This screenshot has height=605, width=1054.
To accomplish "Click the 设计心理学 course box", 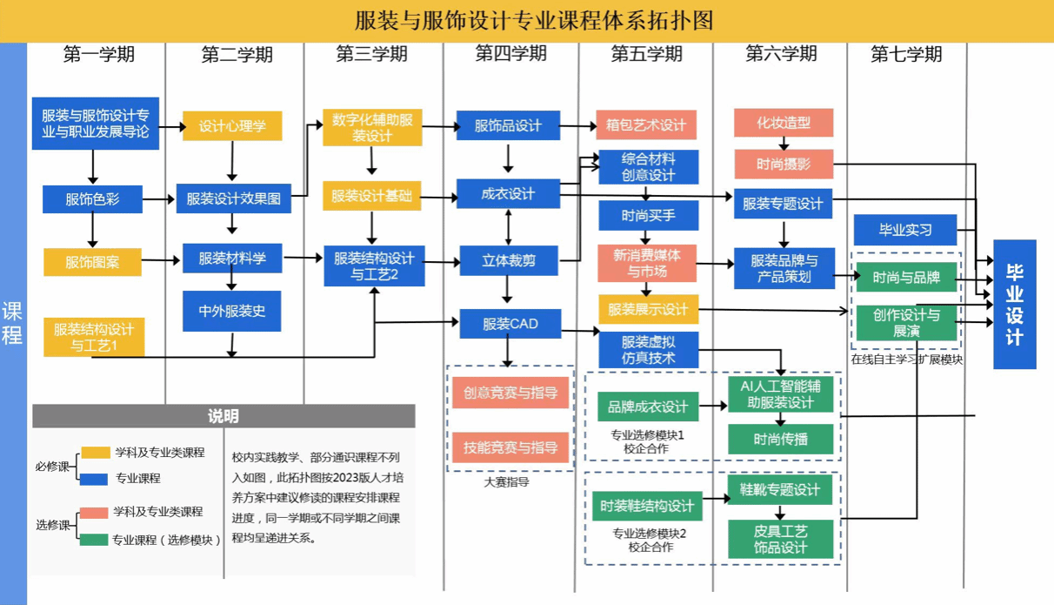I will pyautogui.click(x=232, y=126).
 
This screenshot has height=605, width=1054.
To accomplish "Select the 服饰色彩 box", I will pyautogui.click(x=92, y=199).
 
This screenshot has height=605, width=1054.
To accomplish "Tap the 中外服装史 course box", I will pyautogui.click(x=232, y=311).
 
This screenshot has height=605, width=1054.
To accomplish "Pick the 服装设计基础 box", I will pyautogui.click(x=371, y=196).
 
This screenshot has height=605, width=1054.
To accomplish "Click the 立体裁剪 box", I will pyautogui.click(x=509, y=260).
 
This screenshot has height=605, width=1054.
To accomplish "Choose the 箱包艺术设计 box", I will pyautogui.click(x=646, y=125).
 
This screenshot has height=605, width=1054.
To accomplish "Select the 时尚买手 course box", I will pyautogui.click(x=648, y=214).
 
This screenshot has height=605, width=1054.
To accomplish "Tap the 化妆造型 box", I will pyautogui.click(x=784, y=123).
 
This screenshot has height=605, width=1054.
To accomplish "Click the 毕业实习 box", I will pyautogui.click(x=905, y=230).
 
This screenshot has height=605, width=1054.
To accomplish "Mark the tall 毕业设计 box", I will pyautogui.click(x=1015, y=304).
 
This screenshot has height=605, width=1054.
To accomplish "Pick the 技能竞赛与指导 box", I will pyautogui.click(x=510, y=447).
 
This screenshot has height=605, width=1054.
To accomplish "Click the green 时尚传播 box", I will pyautogui.click(x=781, y=440).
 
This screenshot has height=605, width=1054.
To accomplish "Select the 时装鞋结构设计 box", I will pyautogui.click(x=647, y=506).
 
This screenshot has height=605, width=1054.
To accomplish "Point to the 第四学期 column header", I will pyautogui.click(x=510, y=54).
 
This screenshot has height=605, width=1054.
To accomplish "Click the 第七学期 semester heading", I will pyautogui.click(x=906, y=54).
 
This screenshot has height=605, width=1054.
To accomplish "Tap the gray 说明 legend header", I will pyautogui.click(x=223, y=416).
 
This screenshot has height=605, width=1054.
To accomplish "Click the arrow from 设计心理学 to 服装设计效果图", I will pyautogui.click(x=232, y=161).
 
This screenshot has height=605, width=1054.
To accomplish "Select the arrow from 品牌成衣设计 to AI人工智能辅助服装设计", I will pyautogui.click(x=713, y=406).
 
